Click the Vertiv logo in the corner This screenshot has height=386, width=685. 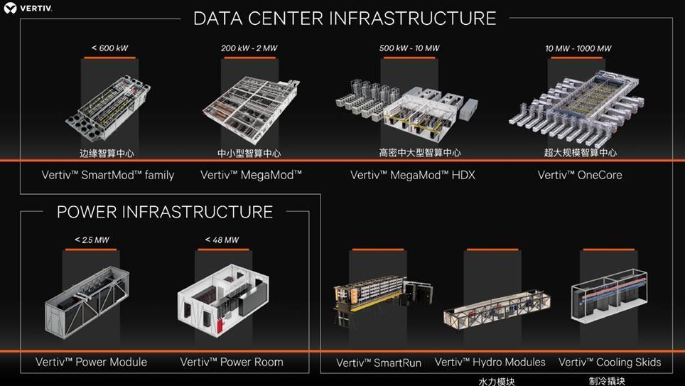(28, 8)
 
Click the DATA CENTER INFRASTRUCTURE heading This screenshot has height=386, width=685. (345, 18)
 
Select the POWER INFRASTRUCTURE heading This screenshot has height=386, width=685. (165, 212)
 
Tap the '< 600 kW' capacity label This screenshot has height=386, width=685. (109, 48)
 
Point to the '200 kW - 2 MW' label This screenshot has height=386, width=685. (249, 48)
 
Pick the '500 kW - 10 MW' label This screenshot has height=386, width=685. (409, 48)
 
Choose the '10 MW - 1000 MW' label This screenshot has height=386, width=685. (578, 48)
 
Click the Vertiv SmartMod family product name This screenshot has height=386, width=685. (108, 176)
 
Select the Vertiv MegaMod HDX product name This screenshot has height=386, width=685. (413, 176)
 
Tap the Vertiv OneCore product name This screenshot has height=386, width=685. (580, 176)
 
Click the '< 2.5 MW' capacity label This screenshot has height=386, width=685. (92, 240)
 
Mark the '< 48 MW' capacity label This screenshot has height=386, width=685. (222, 240)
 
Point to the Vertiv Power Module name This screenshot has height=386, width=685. (91, 362)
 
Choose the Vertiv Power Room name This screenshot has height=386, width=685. (232, 362)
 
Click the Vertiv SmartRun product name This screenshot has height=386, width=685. (379, 363)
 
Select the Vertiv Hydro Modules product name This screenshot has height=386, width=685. (490, 362)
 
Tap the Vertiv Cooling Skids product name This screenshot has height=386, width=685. (610, 363)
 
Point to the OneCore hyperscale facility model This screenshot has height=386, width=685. (577, 107)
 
